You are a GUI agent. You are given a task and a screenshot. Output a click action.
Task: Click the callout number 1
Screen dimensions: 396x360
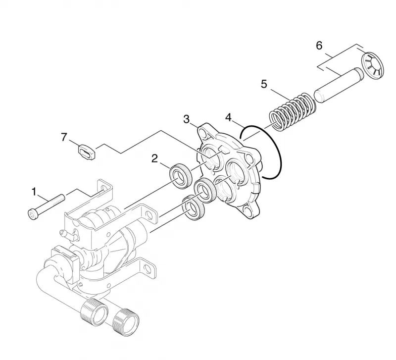(x=34, y=192)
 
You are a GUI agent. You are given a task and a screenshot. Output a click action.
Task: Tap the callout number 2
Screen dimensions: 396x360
(x=154, y=158)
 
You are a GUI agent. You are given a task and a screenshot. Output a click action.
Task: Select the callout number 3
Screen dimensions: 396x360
(x=187, y=119)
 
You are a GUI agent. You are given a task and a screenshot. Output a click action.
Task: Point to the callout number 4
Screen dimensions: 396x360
(x=228, y=117)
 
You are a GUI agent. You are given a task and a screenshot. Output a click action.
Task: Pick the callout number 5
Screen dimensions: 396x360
(x=264, y=84)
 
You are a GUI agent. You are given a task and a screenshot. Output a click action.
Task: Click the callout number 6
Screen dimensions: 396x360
(x=319, y=46)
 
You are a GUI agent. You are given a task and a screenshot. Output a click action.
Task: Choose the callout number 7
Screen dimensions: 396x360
(x=64, y=138)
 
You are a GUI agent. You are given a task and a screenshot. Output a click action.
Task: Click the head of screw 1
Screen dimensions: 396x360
(x=32, y=215)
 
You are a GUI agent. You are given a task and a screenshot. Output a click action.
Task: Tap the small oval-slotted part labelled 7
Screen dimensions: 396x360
(x=86, y=152)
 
